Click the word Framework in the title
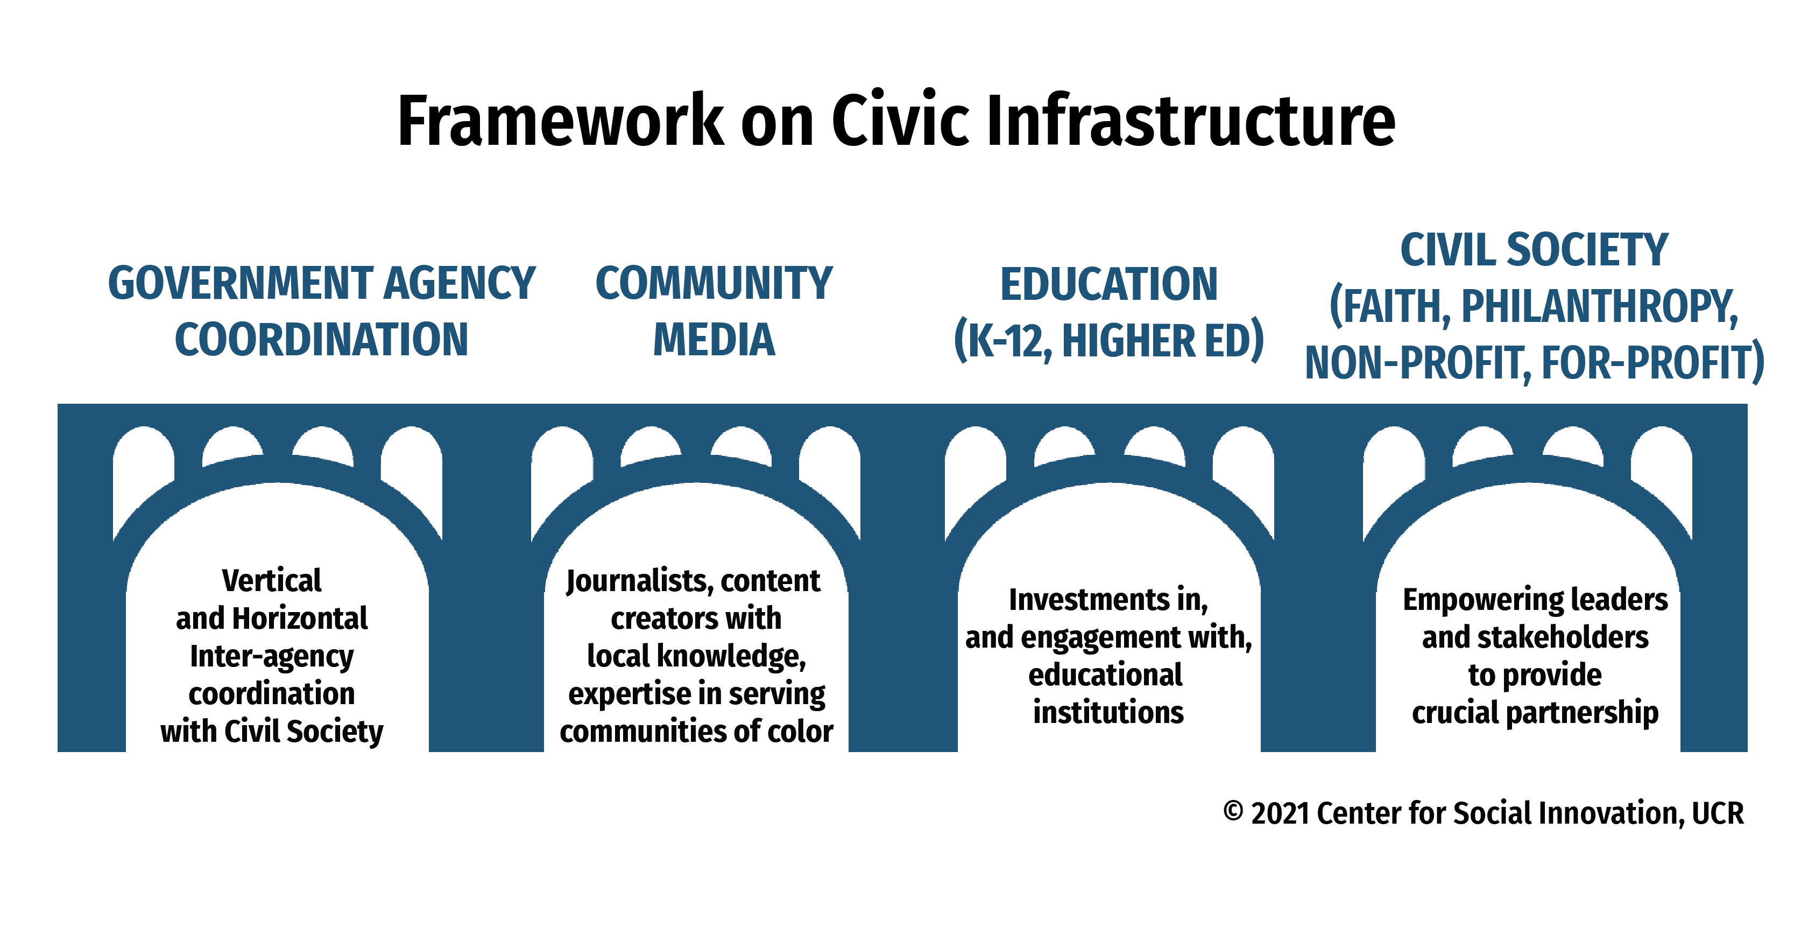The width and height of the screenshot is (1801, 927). click(x=561, y=121)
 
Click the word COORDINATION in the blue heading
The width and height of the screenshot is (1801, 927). click(x=322, y=340)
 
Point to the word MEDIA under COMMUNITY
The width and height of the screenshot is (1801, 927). click(x=714, y=340)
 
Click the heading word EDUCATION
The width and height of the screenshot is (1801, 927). click(x=1109, y=284)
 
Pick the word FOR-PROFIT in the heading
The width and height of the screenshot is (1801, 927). click(x=1646, y=363)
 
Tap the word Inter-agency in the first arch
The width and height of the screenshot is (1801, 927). click(x=272, y=657)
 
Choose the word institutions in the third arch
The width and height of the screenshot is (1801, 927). click(x=1109, y=713)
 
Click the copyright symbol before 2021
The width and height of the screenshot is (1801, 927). click(x=1233, y=812)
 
